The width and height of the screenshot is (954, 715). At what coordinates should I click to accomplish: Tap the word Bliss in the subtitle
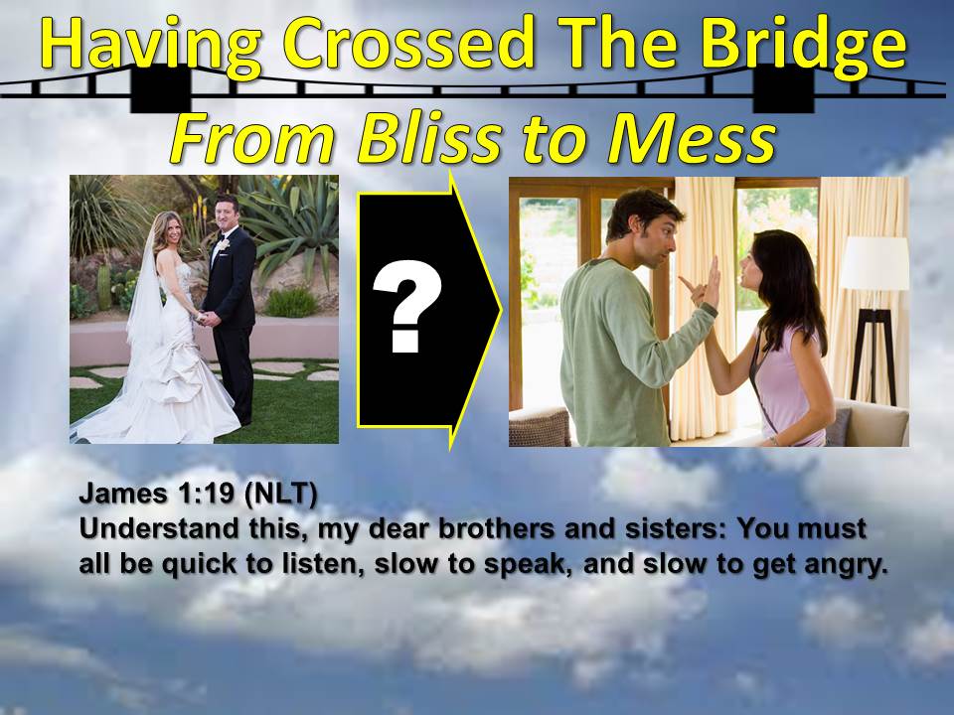pos(429,137)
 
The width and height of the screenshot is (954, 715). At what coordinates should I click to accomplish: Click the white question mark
pos(405,306)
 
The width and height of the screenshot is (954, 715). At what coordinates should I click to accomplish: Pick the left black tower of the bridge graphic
pos(160,89)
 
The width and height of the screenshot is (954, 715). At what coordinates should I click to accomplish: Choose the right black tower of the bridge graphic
pos(783,89)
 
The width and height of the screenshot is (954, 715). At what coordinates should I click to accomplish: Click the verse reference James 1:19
pos(156,494)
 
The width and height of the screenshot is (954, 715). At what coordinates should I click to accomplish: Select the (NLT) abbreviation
pos(280,494)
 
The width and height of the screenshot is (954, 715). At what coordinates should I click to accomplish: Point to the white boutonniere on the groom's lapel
pos(224,244)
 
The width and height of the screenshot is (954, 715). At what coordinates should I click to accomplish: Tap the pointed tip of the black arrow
pos(501,311)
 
